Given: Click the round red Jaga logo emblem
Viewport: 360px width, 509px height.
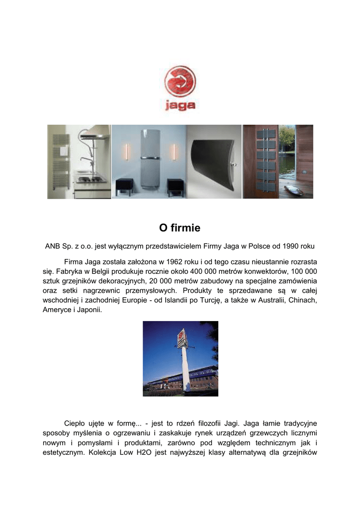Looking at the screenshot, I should coord(180,82).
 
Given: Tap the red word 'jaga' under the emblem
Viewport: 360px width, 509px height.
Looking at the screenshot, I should coord(180,105).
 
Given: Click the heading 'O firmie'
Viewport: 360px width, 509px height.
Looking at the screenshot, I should coord(180,228).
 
